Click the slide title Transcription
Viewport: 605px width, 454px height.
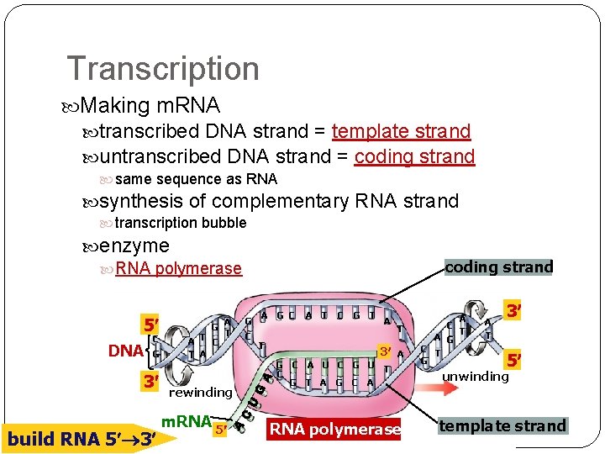click(163, 69)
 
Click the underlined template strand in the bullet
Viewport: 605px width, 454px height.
click(401, 131)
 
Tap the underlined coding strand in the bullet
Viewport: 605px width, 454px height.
click(414, 157)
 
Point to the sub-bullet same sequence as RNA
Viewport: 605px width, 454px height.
click(196, 179)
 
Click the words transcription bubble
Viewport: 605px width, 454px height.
click(180, 223)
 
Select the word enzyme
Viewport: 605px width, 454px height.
click(134, 246)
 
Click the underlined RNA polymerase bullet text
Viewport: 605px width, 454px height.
click(178, 269)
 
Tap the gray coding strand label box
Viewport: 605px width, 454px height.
click(498, 267)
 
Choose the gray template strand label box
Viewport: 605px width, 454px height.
click(502, 426)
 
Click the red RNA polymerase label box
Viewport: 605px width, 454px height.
click(334, 430)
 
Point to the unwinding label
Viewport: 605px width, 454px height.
click(476, 377)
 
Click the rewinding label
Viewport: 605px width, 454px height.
click(200, 392)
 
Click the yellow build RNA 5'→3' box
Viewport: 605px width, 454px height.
click(81, 439)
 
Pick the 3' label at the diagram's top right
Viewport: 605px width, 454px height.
click(514, 312)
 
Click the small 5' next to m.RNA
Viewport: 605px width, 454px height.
click(221, 430)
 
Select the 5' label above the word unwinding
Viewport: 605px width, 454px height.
click(513, 361)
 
